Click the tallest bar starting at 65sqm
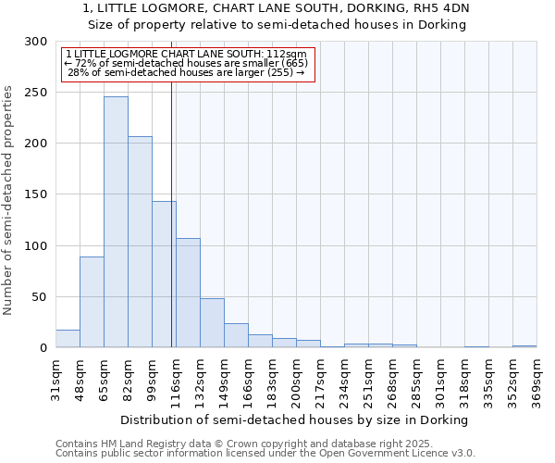116,222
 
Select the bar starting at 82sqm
140,242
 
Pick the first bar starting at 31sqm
68,339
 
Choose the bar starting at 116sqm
188,293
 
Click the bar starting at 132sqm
212,323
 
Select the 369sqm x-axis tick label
536,380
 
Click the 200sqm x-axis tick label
296,380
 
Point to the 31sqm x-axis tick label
55,380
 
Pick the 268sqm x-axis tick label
392,380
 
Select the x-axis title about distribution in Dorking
295,419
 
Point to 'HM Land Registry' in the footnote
134,444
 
